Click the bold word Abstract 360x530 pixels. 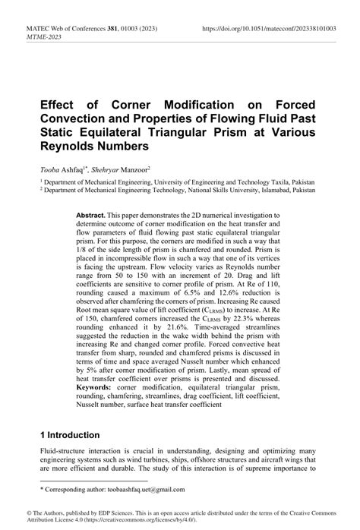pyautogui.click(x=92, y=216)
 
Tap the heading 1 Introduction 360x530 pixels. pyautogui.click(x=70, y=436)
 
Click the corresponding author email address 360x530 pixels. pyautogui.click(x=140, y=489)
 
